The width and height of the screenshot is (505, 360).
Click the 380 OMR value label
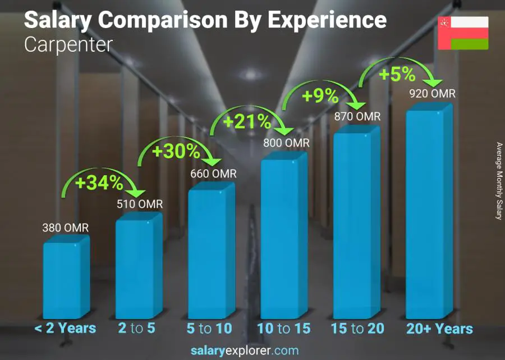click(x=66, y=228)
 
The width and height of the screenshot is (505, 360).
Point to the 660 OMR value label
click(x=213, y=174)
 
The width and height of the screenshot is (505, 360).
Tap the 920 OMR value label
click(x=432, y=94)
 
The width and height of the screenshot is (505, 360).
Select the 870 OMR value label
click(x=357, y=116)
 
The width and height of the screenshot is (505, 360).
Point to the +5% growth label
click(x=397, y=74)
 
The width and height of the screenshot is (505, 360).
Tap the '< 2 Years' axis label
click(x=65, y=329)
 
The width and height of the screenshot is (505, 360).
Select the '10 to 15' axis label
click(x=283, y=329)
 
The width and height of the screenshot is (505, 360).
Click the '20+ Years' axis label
click(x=439, y=329)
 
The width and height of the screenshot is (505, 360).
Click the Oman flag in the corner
click(x=463, y=33)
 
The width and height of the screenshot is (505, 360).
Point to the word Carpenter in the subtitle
click(x=68, y=44)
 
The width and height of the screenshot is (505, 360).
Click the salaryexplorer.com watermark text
click(x=244, y=351)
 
